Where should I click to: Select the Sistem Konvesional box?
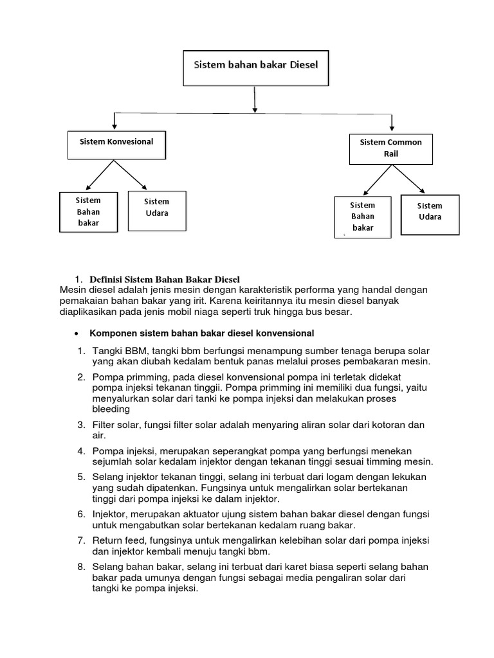[116, 144]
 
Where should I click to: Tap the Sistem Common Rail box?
[391, 148]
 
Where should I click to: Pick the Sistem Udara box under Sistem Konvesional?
[157, 210]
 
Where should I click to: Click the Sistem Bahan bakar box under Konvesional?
[89, 211]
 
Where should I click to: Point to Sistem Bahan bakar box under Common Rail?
[363, 217]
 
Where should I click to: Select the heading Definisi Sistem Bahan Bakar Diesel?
[164, 280]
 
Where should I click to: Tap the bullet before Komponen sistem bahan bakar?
[77, 333]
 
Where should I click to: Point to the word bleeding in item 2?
[111, 409]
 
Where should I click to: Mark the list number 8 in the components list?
[81, 567]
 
